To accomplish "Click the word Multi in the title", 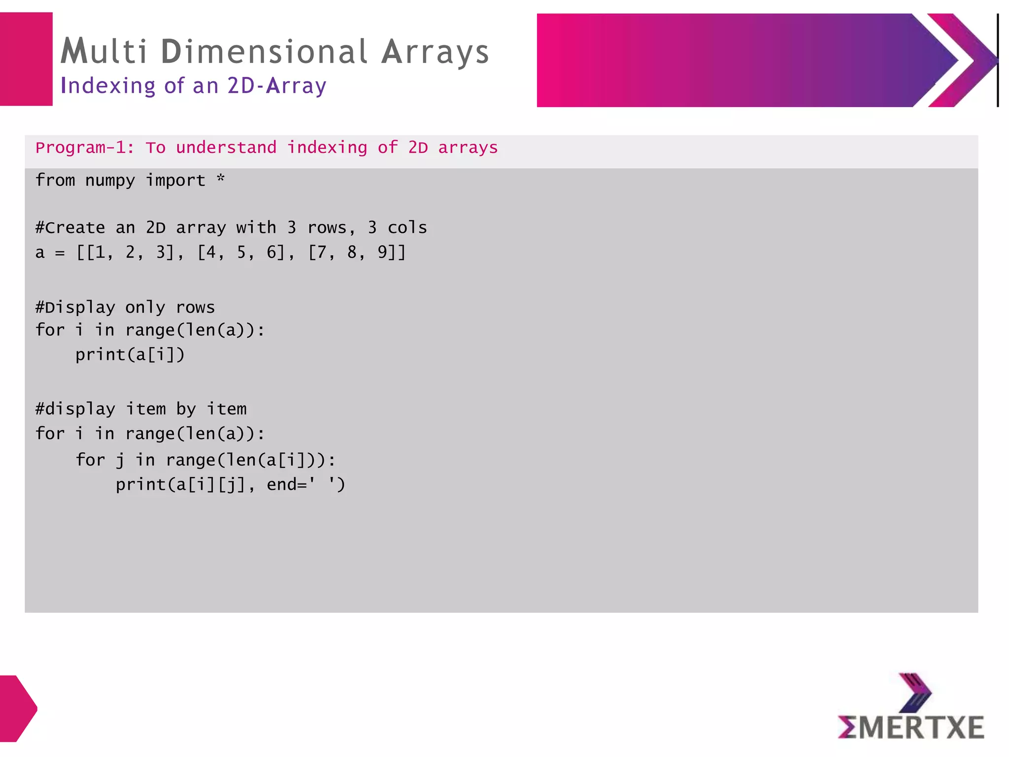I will click(104, 51).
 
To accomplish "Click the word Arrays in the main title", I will click(435, 52).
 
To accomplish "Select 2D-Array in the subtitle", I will click(277, 86).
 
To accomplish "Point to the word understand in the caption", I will click(226, 148).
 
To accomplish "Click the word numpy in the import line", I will click(110, 181).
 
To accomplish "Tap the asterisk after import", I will click(221, 178).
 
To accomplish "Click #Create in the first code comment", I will click(70, 228).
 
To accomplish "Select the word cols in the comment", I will click(407, 228).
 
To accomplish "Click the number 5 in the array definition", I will click(241, 252).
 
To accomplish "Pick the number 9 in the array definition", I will click(383, 252).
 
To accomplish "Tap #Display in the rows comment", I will click(75, 308).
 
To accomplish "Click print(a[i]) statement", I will click(130, 355).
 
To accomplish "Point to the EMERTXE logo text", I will click(911, 727).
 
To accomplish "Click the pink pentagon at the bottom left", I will click(17, 708).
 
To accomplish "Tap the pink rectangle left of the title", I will click(26, 59).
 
